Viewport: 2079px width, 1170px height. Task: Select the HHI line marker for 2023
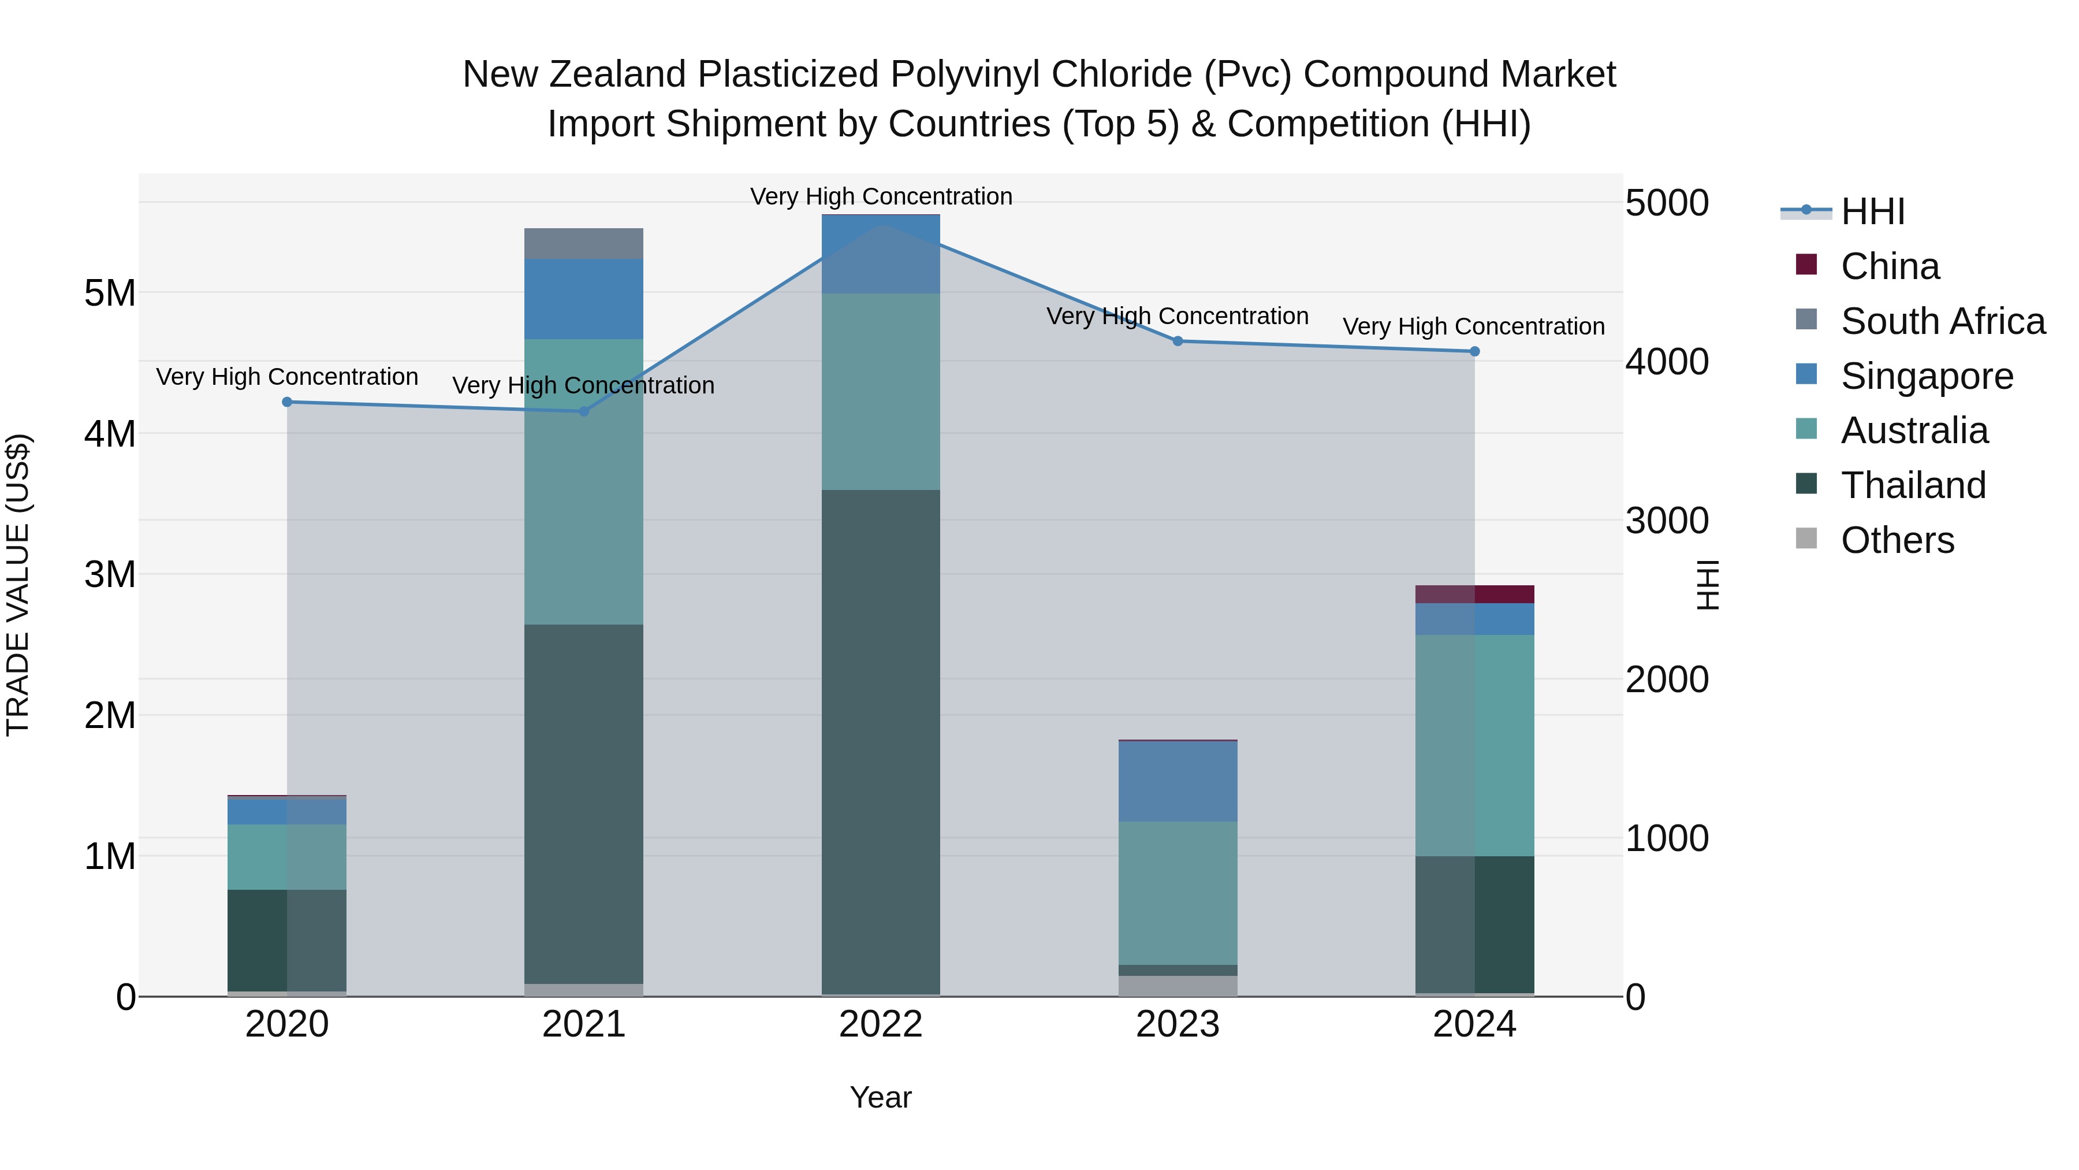[1178, 341]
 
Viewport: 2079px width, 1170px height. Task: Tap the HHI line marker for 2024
[1474, 351]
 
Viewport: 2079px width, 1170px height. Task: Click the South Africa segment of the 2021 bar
[583, 244]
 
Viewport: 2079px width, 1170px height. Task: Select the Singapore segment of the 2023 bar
[1178, 781]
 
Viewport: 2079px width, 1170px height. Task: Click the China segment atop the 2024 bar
[1474, 595]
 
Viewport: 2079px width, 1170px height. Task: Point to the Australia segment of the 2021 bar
[583, 481]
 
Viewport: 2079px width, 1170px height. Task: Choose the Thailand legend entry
[1912, 485]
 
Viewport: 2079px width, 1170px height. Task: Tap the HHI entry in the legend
[1872, 211]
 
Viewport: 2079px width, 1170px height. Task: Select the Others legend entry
[1897, 540]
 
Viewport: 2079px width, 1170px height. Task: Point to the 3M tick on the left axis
[110, 575]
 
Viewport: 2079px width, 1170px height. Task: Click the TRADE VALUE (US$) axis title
[18, 585]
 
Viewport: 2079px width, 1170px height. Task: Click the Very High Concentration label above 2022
[881, 197]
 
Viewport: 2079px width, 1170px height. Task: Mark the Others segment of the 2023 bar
[1178, 986]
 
